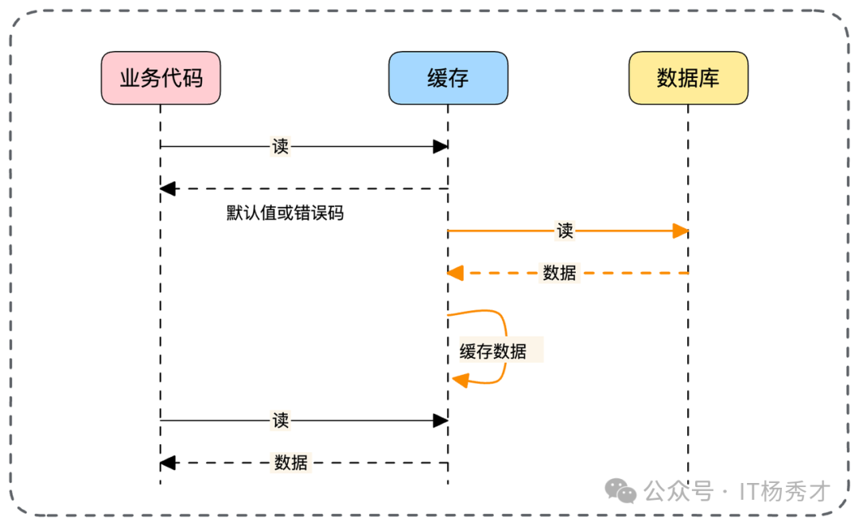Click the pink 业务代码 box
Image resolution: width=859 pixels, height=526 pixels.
(x=161, y=78)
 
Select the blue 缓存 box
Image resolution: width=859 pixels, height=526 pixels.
(x=448, y=78)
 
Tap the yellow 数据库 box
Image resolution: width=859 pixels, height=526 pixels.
(x=688, y=78)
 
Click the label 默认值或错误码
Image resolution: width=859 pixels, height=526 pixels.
(x=285, y=213)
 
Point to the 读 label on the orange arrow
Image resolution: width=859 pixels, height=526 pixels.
(x=565, y=231)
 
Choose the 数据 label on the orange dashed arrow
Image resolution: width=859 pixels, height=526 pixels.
(x=559, y=273)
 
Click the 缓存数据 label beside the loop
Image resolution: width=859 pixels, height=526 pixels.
(x=493, y=351)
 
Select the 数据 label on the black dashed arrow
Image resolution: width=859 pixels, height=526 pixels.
(x=290, y=462)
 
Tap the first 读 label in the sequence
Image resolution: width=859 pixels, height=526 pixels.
(x=280, y=146)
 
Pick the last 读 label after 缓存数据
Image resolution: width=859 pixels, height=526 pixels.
(x=280, y=420)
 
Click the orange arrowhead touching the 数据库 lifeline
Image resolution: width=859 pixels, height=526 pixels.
(x=680, y=231)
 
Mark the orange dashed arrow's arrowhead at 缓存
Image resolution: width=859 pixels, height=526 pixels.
(x=455, y=273)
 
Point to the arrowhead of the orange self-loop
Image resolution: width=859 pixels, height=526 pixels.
(x=460, y=380)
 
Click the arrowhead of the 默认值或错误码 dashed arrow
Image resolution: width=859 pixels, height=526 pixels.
(x=167, y=189)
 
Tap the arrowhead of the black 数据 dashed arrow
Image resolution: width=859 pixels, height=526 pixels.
(x=167, y=462)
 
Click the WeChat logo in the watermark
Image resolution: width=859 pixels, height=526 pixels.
(x=620, y=491)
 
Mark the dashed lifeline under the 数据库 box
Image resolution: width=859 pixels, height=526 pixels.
(x=688, y=358)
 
